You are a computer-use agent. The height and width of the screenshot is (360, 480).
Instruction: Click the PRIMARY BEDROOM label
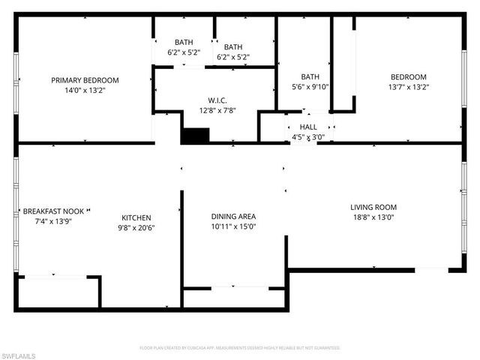[85, 80]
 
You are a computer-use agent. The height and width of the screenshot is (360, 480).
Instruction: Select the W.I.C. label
[217, 100]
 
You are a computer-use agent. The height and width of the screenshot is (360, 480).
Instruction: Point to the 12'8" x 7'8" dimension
[217, 110]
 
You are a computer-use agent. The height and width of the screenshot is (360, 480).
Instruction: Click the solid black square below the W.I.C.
[195, 136]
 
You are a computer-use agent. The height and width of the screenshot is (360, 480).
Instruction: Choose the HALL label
[308, 127]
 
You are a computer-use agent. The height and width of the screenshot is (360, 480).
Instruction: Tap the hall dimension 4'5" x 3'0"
[308, 137]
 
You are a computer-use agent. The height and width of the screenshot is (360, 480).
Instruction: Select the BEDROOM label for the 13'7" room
[409, 76]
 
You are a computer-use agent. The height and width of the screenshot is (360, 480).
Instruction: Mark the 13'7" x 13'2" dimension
[409, 86]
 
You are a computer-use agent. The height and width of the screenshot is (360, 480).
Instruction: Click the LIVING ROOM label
[373, 207]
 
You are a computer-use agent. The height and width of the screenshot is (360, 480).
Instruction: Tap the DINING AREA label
[233, 217]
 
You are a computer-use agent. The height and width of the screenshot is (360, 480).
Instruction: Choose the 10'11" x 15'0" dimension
[233, 226]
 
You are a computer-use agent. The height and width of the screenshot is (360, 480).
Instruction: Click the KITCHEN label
[136, 217]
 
